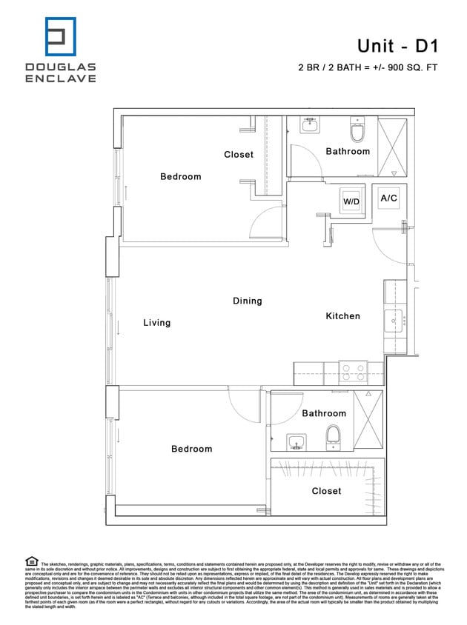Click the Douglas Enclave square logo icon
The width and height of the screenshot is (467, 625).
click(x=61, y=37)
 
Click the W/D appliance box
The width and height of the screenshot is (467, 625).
click(x=351, y=200)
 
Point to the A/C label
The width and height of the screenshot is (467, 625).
click(x=388, y=198)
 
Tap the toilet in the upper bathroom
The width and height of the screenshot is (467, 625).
click(x=357, y=132)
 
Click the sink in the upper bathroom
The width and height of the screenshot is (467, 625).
click(x=311, y=127)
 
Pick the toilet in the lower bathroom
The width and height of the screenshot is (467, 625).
click(x=333, y=438)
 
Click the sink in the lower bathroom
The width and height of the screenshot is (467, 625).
click(x=297, y=443)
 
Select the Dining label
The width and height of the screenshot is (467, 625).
click(x=247, y=301)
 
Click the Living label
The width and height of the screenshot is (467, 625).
click(x=156, y=323)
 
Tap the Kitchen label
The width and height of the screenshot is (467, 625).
click(x=342, y=316)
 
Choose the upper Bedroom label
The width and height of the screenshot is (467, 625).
click(x=180, y=177)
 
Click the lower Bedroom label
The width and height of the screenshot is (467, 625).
click(x=191, y=449)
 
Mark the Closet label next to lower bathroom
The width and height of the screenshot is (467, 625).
click(x=326, y=491)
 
